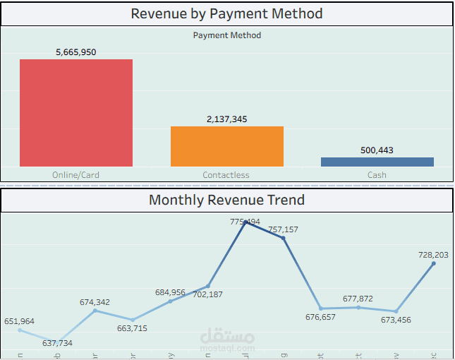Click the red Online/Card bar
tap(76, 113)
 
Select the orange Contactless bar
tap(227, 146)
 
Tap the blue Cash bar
tap(377, 162)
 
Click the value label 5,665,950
tap(76, 52)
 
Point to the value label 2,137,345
tap(227, 119)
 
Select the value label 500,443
tap(377, 150)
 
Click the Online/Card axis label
tap(76, 175)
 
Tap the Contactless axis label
tap(226, 175)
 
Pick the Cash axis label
tap(377, 175)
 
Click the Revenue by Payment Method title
tap(227, 13)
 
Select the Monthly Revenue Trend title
tap(227, 200)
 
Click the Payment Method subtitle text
tap(227, 35)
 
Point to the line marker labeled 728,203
tap(434, 263)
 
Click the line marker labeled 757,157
tap(284, 238)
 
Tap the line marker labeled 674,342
tap(95, 311)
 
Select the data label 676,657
tap(320, 317)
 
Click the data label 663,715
tap(132, 328)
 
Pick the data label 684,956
tap(171, 293)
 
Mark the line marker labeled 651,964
tap(20, 330)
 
